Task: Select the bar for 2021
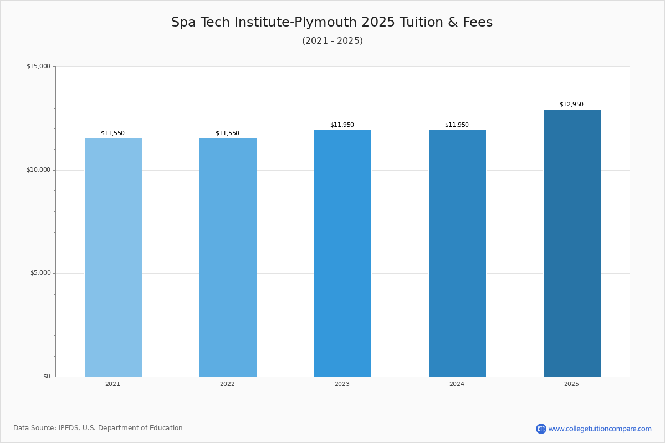(113, 257)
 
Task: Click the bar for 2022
(228, 257)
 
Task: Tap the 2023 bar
(342, 253)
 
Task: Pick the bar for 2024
(457, 253)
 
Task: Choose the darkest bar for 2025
(572, 243)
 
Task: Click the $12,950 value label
(571, 104)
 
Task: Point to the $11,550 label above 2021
(112, 133)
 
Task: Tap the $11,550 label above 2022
(227, 133)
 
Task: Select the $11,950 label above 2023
(342, 125)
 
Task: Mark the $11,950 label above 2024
(457, 125)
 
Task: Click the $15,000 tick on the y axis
(38, 66)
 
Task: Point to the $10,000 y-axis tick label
(38, 169)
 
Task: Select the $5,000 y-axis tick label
(40, 273)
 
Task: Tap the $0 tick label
(47, 377)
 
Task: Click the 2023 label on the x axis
(342, 384)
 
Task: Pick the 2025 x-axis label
(571, 384)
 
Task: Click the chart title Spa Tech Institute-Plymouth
(332, 22)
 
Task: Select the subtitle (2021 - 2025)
(332, 40)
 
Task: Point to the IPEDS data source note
(98, 428)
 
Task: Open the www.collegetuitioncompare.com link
(600, 429)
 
